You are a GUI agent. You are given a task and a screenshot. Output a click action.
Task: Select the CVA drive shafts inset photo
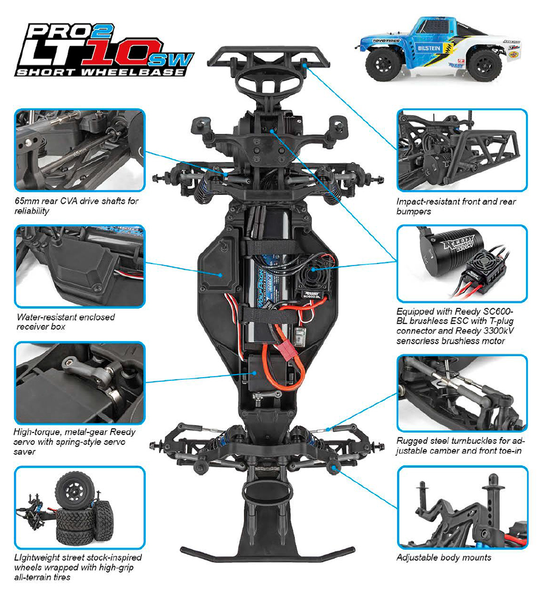pos(79,148)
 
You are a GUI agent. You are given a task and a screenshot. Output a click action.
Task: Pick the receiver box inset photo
pos(79,266)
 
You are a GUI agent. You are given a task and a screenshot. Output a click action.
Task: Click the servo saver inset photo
pos(79,382)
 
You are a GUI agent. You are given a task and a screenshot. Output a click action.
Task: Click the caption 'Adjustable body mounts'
pos(444,557)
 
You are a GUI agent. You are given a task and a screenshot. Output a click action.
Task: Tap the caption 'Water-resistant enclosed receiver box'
pos(65,322)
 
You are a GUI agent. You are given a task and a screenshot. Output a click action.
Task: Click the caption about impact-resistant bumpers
pos(456,206)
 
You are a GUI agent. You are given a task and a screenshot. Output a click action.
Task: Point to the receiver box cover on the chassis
pos(216,270)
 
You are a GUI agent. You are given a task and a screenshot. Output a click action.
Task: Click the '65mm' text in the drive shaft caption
pos(27,202)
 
